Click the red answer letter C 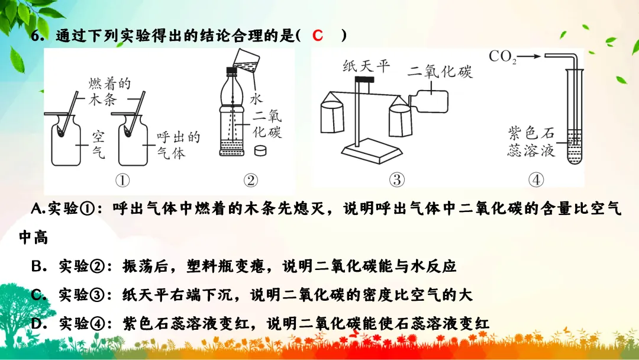(x=318, y=36)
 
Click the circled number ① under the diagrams (x=122, y=180)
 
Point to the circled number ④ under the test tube (x=535, y=180)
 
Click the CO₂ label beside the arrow (x=503, y=57)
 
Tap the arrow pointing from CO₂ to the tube (x=531, y=57)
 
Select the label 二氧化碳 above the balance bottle (x=440, y=72)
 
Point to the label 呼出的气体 (x=178, y=145)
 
